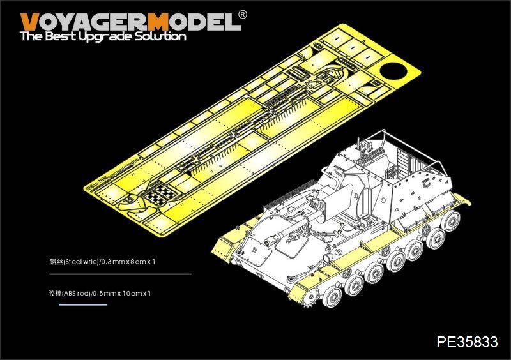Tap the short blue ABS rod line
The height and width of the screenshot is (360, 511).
click(x=82, y=305)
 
